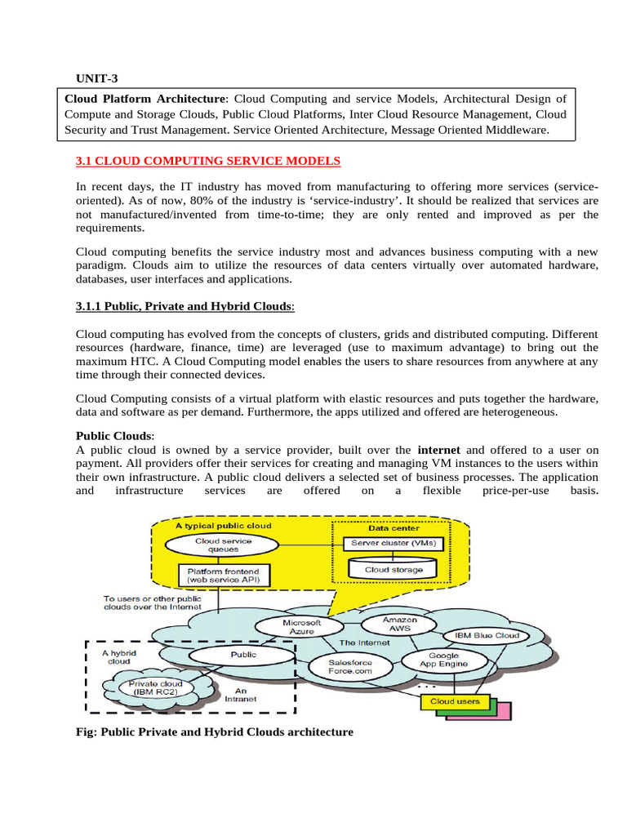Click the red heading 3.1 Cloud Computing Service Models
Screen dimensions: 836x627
point(208,162)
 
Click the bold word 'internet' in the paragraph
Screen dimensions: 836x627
point(438,450)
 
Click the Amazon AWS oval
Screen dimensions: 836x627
point(399,624)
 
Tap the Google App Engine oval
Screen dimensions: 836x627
point(443,660)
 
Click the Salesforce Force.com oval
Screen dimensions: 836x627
point(349,667)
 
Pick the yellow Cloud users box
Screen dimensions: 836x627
point(450,701)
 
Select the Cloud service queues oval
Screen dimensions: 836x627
point(223,545)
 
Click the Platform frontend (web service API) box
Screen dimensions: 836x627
point(223,575)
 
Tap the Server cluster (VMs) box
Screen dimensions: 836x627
point(394,543)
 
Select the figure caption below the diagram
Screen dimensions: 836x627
point(214,732)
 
